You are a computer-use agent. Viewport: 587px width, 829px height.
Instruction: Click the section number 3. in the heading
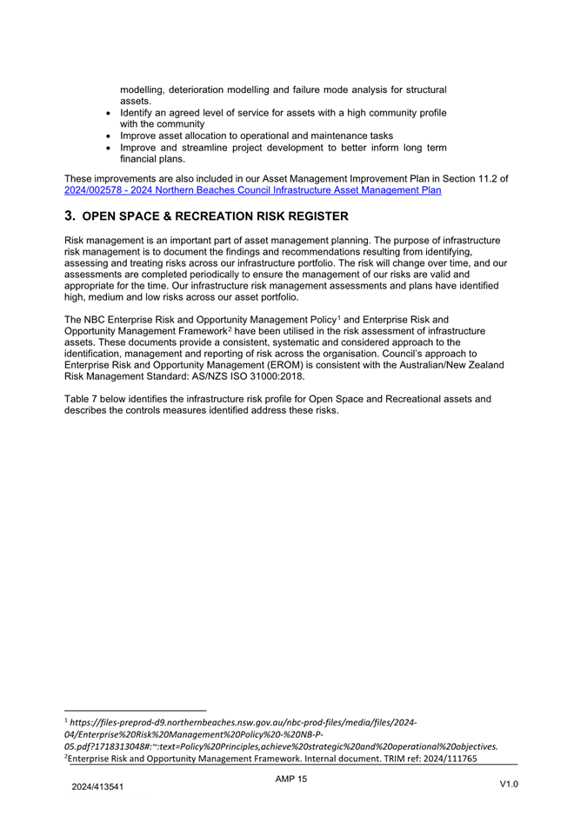pyautogui.click(x=70, y=216)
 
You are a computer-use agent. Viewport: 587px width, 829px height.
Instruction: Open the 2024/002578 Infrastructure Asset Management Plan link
pyautogui.click(x=253, y=189)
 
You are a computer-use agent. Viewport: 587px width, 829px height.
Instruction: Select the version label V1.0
pyautogui.click(x=509, y=785)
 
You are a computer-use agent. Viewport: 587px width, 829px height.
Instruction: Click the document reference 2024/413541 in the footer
pyautogui.click(x=97, y=787)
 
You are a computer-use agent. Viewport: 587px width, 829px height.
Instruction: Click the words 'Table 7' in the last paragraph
pyautogui.click(x=83, y=399)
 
